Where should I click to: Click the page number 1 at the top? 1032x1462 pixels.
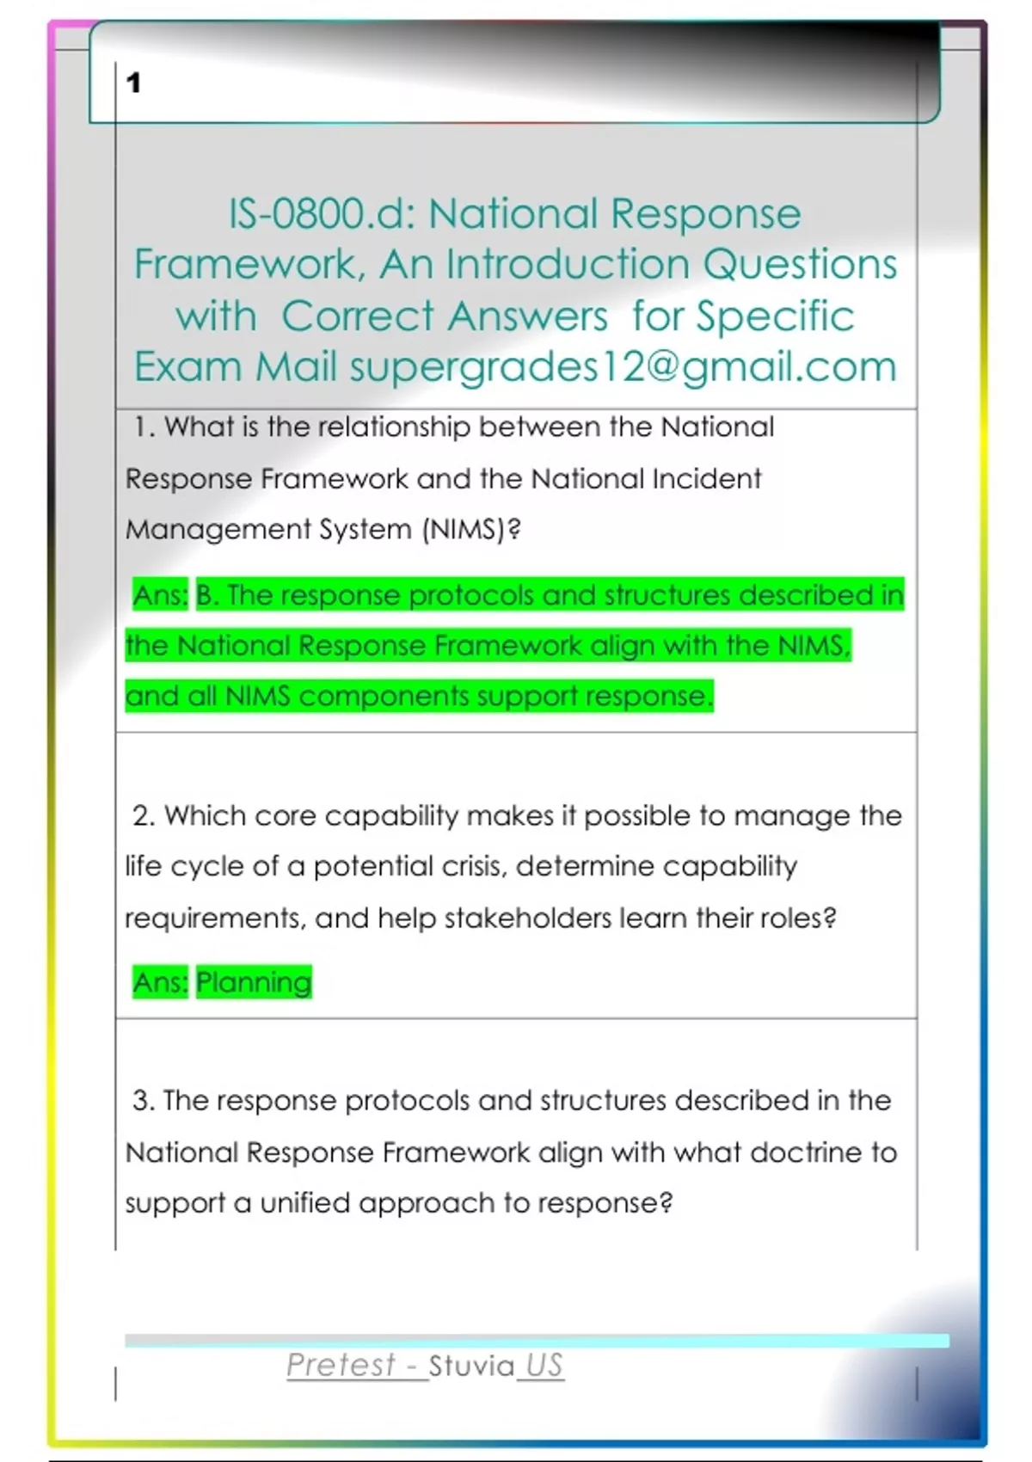(133, 83)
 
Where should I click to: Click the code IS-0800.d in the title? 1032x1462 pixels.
(322, 214)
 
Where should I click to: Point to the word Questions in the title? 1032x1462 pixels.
(801, 265)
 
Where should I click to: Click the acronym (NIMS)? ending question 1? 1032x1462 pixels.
(471, 530)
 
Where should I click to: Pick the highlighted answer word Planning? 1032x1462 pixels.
(254, 982)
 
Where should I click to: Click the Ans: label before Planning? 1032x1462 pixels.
(161, 982)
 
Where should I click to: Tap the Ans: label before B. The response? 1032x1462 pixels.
(161, 595)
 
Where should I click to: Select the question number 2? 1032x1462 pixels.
(144, 816)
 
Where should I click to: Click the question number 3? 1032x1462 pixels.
(144, 1101)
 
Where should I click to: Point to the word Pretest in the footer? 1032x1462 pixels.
(341, 1365)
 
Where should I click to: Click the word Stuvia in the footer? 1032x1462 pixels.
(471, 1366)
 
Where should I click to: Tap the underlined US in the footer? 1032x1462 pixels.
(544, 1366)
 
